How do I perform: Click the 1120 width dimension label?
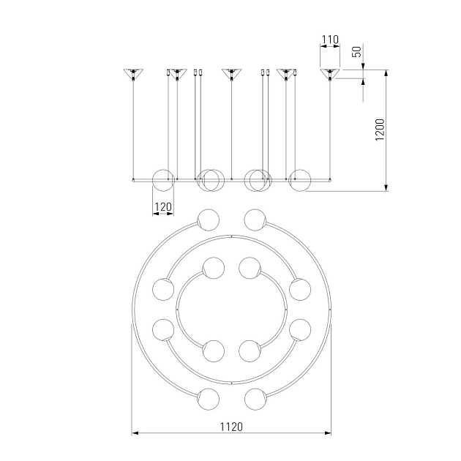(231, 427)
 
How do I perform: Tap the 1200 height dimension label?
(380, 130)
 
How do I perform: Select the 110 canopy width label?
(330, 40)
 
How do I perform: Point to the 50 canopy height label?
(357, 52)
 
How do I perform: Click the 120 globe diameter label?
(163, 206)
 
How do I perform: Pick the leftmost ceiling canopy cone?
(133, 74)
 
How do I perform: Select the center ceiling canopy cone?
(232, 74)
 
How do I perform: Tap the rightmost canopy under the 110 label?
(330, 74)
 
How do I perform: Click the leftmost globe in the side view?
(163, 180)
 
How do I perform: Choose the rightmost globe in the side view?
(300, 180)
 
